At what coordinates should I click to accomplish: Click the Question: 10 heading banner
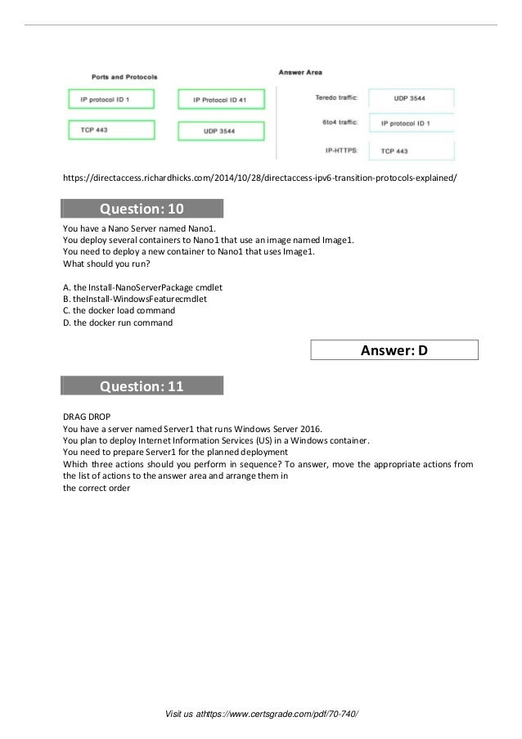tap(142, 208)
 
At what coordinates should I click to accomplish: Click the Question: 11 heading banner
tap(142, 385)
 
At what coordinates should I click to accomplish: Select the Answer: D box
tap(395, 351)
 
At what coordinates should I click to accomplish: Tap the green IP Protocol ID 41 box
tap(220, 100)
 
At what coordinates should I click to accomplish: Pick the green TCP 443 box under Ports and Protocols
tap(110, 129)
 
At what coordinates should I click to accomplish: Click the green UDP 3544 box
tap(221, 131)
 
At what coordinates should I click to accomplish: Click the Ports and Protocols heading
tap(124, 77)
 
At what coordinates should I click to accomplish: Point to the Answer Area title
tap(300, 72)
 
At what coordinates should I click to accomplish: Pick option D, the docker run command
tap(118, 322)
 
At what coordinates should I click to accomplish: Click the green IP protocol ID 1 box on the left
tap(110, 100)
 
